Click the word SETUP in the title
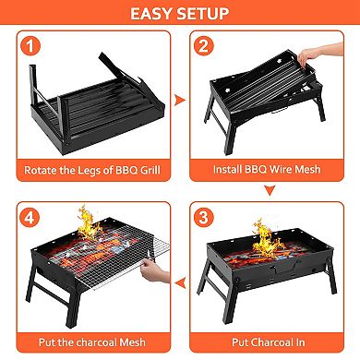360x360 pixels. tap(208, 14)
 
